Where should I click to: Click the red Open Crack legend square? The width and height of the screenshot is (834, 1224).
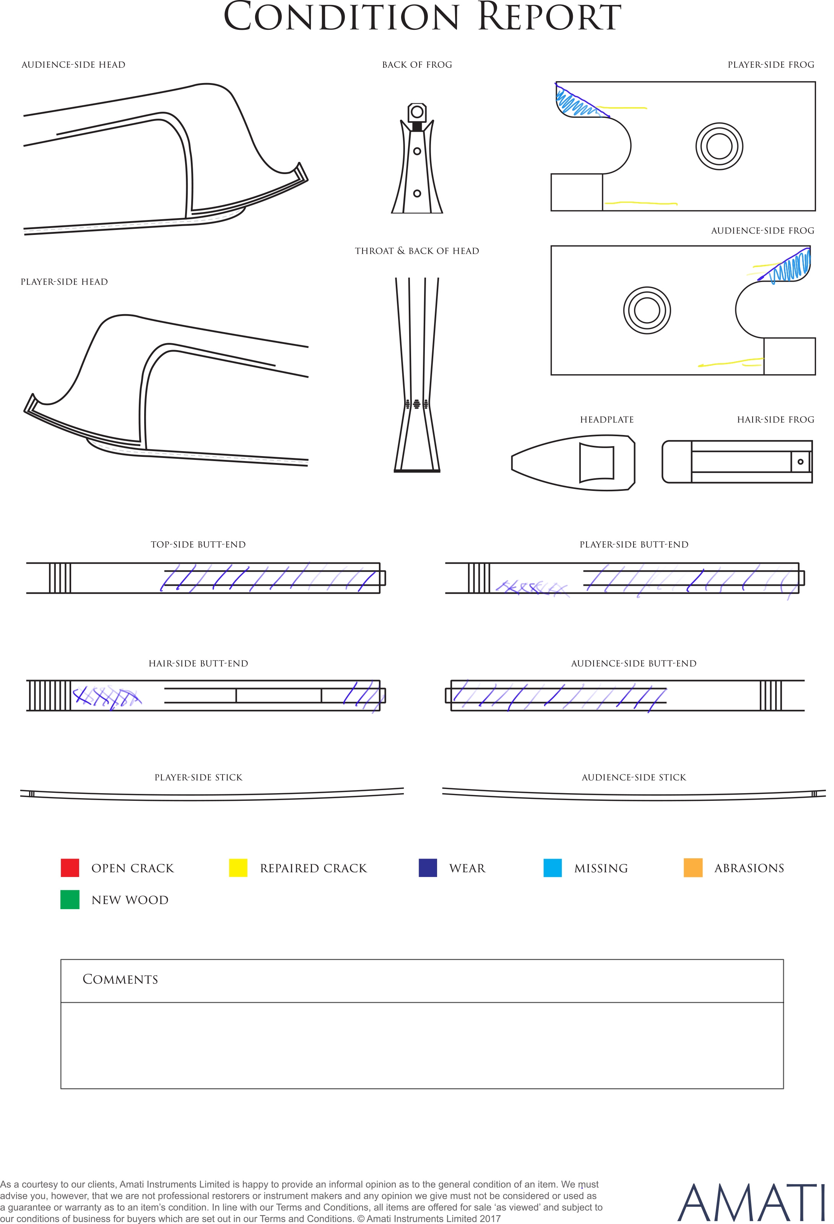70,867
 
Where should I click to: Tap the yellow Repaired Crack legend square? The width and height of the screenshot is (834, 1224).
238,867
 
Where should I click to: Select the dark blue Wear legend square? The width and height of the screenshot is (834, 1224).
428,867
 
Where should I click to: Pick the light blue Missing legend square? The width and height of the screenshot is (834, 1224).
552,867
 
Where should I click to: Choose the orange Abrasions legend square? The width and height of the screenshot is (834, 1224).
693,867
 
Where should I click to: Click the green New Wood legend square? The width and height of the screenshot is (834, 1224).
70,900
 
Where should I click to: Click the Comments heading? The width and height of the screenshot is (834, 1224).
120,979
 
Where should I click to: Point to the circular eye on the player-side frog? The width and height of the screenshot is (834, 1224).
719,146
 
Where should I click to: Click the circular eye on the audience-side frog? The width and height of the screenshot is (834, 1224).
647,310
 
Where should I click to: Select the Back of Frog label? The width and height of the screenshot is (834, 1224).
417,65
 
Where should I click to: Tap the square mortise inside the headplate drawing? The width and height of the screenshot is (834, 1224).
597,463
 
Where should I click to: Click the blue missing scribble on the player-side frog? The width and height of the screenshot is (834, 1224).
577,102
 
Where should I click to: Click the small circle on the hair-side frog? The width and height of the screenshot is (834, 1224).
800,462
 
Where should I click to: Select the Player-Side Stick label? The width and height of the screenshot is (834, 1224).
198,777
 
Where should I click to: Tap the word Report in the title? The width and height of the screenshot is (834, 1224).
549,17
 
